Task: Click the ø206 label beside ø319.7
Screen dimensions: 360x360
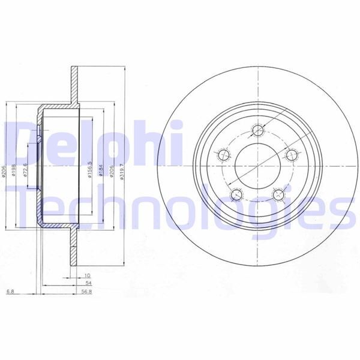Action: [112, 172]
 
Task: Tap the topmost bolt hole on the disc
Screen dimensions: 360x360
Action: [259, 130]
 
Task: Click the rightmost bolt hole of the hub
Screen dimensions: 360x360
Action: [291, 155]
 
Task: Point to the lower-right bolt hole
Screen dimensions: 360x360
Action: [278, 194]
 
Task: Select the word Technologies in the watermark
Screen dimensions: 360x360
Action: [180, 207]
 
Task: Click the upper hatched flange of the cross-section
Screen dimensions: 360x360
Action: [75, 83]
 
